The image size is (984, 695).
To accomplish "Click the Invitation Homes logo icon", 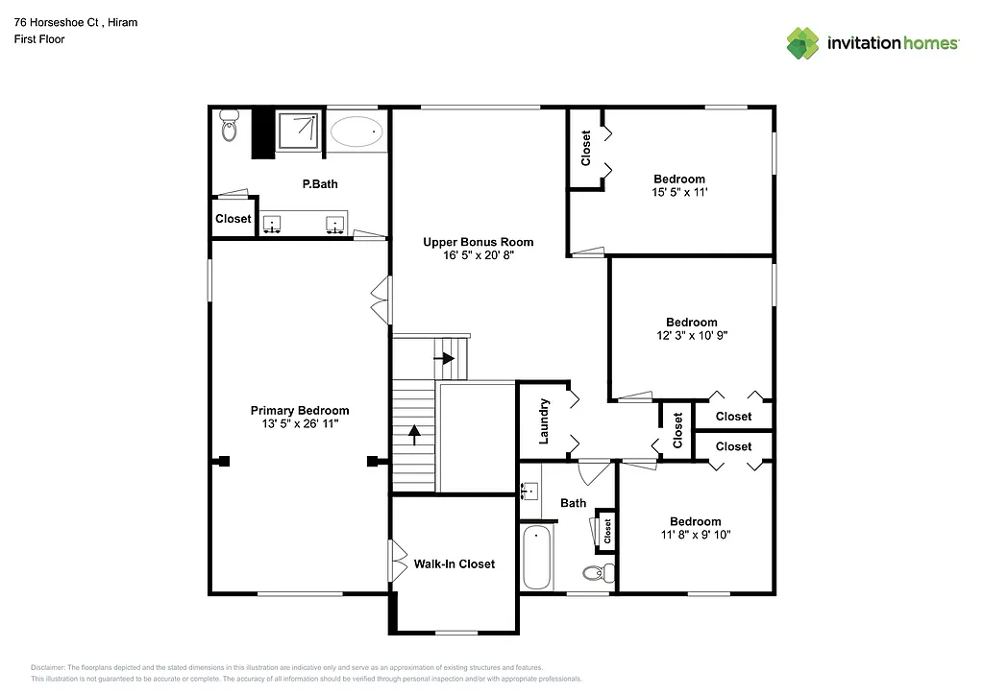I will tap(802, 43).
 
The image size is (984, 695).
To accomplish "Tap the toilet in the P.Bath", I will tap(229, 126).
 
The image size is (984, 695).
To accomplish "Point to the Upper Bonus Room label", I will tap(478, 242).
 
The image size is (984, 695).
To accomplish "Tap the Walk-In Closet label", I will tap(454, 563).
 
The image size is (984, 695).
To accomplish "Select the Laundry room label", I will tap(544, 420).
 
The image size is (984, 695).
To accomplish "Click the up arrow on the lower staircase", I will tap(414, 435).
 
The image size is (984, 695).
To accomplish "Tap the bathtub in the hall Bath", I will tap(536, 558).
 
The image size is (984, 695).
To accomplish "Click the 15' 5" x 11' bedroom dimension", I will tap(679, 192).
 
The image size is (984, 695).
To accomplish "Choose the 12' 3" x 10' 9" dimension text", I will tap(692, 336).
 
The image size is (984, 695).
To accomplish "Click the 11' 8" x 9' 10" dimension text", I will tap(696, 535).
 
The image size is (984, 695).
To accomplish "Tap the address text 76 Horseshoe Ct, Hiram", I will tap(75, 22).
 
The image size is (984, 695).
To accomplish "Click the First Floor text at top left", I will tap(39, 39).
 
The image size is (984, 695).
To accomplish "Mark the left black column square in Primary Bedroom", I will tap(224, 461).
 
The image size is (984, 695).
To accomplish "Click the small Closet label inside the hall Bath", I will tap(607, 531).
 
